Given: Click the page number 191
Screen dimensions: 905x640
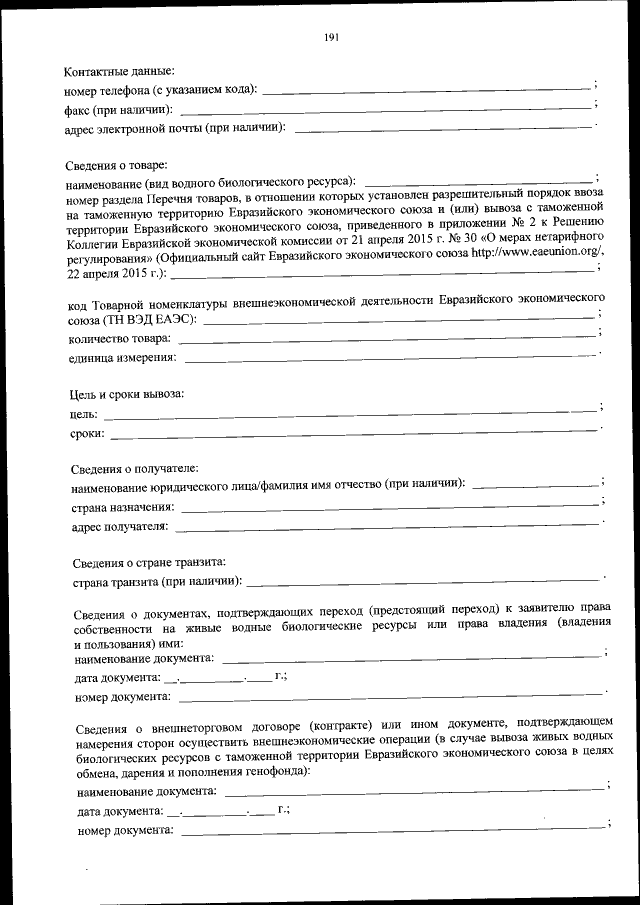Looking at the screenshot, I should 332,38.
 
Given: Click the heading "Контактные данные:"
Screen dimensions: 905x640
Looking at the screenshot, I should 119,71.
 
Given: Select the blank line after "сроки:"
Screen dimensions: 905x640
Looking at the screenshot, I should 354,432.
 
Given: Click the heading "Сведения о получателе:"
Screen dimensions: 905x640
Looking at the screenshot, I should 134,468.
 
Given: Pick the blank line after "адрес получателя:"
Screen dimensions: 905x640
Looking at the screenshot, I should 387,524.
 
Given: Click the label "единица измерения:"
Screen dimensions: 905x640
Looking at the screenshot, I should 122,357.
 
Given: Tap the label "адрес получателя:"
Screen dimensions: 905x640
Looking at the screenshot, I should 119,526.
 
